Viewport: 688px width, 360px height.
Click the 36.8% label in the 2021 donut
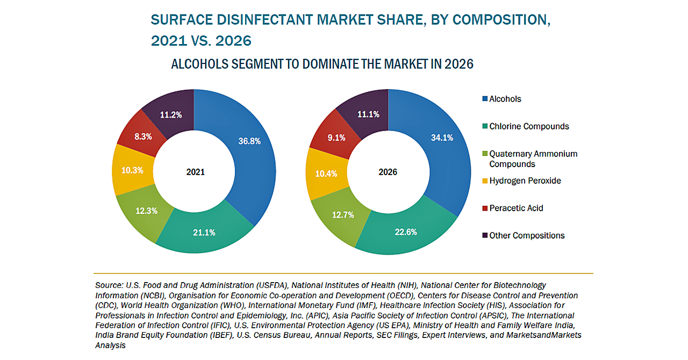click(x=249, y=141)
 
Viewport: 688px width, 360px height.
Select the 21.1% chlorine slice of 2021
click(x=204, y=233)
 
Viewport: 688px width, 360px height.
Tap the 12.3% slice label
click(x=146, y=211)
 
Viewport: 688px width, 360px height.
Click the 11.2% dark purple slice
click(x=171, y=114)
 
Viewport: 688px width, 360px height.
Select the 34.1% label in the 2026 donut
click(x=442, y=138)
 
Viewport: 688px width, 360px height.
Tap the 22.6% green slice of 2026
click(x=406, y=233)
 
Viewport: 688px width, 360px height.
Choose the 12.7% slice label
click(x=343, y=215)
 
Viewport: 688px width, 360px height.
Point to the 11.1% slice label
click(x=368, y=114)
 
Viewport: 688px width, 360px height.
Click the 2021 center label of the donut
click(x=195, y=172)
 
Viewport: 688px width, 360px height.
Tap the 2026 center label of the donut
click(x=388, y=172)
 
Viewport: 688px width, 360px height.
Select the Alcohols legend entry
click(x=505, y=99)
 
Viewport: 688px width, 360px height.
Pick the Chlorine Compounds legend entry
click(x=528, y=126)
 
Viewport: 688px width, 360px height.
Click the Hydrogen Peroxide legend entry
click(x=525, y=181)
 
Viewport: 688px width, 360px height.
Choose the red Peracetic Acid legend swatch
click(x=485, y=208)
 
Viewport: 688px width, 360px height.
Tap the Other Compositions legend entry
click(x=526, y=235)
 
